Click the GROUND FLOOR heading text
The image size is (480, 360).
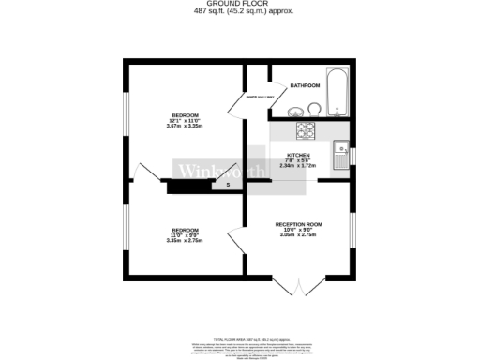point(240,5)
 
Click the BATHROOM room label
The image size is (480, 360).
point(305,85)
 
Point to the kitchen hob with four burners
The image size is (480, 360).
point(307,131)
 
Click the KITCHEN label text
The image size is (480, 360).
point(298,155)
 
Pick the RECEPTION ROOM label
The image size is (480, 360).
point(298,224)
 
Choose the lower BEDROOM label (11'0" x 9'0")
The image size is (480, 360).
point(185,229)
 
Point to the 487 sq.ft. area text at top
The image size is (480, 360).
point(240,11)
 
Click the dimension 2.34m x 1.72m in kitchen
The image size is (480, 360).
point(298,166)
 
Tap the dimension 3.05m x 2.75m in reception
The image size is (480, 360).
point(298,235)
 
